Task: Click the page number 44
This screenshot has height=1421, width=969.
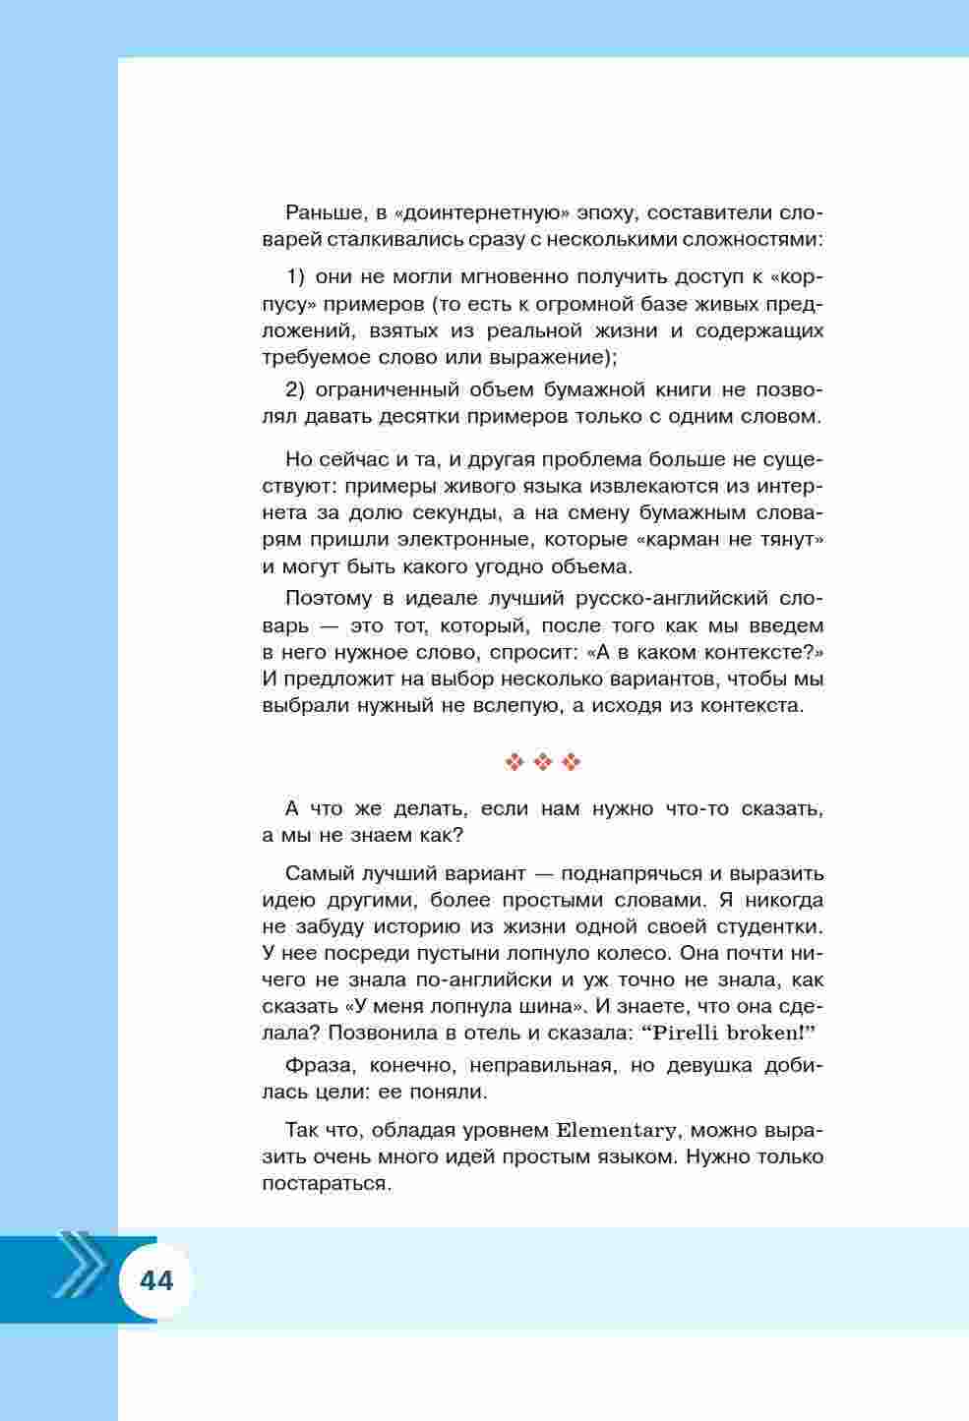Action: pyautogui.click(x=156, y=1280)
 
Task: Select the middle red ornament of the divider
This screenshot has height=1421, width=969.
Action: pyautogui.click(x=543, y=761)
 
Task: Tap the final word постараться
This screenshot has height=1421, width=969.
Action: pyautogui.click(x=327, y=1183)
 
